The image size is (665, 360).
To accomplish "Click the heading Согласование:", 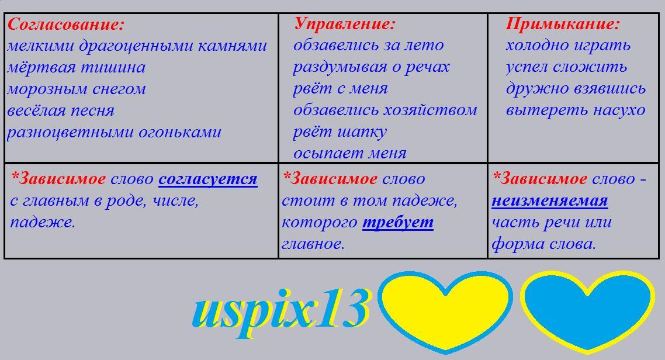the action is [65, 25].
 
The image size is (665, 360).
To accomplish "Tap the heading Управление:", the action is [344, 24].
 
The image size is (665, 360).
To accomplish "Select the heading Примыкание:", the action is [562, 24].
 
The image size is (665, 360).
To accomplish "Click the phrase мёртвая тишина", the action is [77, 68].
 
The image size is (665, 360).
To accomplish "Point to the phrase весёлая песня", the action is [61, 111].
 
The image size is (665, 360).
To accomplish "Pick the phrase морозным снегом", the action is [77, 89].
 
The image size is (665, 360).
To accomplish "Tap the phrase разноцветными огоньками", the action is [114, 133].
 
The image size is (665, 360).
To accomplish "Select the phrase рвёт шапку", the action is [340, 132].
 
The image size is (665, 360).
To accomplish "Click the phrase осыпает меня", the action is [350, 153].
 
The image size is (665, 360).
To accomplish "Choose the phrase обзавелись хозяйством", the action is [385, 110].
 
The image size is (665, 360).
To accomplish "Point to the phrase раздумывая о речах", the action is [371, 67].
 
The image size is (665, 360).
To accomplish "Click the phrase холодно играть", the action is [568, 46].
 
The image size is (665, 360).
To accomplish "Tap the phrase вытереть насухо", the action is [576, 110].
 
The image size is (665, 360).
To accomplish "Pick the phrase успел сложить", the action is [566, 67].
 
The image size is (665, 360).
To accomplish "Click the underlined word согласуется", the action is [208, 179].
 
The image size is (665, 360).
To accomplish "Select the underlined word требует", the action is [398, 223].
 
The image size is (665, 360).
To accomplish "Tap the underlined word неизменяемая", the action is [550, 200].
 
